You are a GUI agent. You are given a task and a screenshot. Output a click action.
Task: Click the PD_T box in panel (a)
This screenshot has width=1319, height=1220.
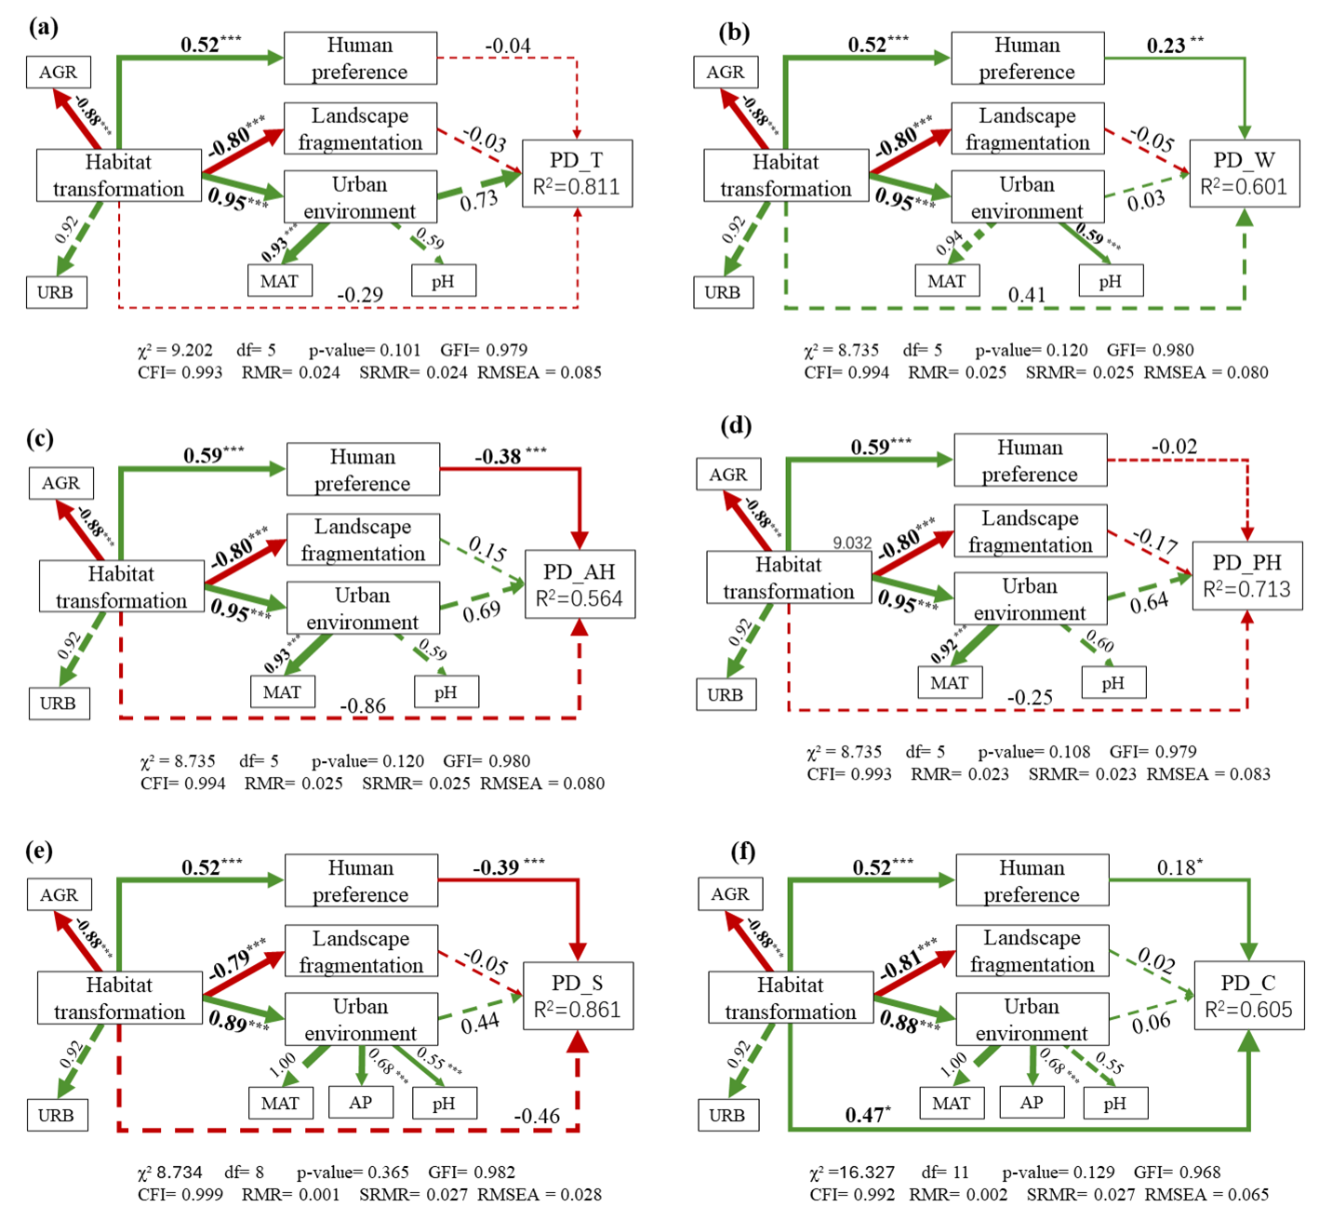[577, 173]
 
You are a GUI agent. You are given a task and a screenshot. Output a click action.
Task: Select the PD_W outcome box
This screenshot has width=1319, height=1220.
[1244, 173]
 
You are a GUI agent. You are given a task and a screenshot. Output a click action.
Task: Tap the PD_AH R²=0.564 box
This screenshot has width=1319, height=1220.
[580, 584]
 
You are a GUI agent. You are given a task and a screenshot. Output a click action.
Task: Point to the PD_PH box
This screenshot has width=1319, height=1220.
[1246, 576]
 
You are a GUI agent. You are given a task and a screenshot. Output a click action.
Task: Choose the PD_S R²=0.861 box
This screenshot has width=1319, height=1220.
[578, 996]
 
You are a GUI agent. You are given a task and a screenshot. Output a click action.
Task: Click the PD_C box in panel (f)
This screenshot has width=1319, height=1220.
[1248, 996]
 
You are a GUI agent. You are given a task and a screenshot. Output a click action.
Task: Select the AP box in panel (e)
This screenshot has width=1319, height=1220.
[361, 1103]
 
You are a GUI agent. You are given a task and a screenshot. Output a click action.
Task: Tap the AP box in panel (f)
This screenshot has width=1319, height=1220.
[1032, 1103]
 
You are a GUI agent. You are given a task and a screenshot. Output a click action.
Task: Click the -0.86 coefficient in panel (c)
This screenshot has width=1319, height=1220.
[363, 706]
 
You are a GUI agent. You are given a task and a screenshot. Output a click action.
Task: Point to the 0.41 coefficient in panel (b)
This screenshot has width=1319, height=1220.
[1027, 295]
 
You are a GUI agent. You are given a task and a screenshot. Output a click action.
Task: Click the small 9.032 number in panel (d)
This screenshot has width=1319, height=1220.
[852, 543]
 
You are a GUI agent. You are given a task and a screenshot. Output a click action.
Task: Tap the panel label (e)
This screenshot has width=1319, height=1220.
[40, 851]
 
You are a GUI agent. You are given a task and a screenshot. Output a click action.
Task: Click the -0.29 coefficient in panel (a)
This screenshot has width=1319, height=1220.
[360, 295]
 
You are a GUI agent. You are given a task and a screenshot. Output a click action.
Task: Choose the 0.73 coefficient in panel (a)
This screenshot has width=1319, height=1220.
[479, 200]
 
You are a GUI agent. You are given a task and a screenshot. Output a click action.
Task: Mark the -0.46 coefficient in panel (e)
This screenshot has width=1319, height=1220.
[537, 1116]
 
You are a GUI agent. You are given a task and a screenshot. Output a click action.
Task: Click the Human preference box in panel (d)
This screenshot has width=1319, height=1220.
[1030, 460]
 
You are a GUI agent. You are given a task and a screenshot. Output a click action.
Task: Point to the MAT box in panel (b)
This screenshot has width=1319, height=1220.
[947, 281]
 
